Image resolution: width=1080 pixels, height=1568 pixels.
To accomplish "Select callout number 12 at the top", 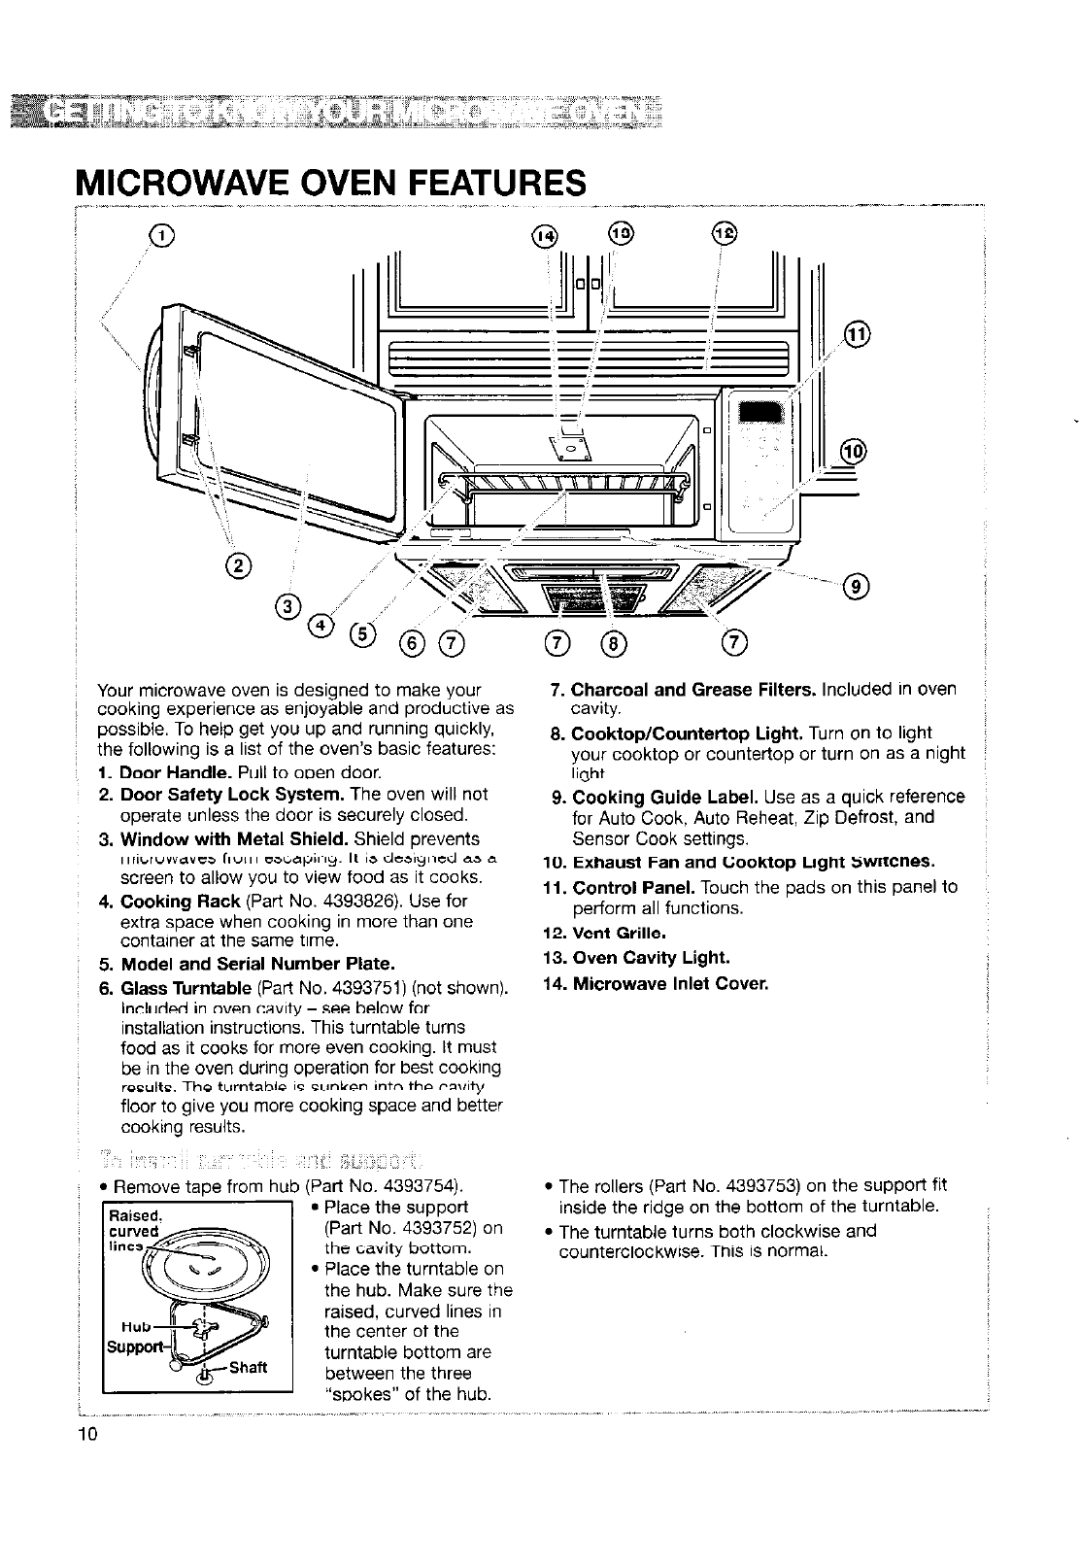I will tap(725, 233).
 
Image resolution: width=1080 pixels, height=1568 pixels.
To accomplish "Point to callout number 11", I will tap(858, 334).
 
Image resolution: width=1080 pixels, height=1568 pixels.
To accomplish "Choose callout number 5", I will tap(360, 632).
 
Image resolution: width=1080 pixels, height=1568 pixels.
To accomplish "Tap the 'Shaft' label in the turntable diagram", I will tap(247, 1367).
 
